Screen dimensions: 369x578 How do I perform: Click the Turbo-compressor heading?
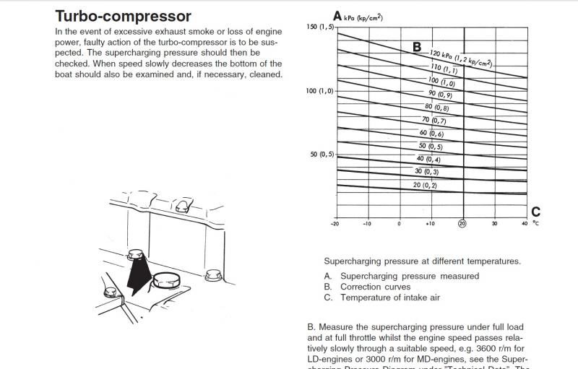124,16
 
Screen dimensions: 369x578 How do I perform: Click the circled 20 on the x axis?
462,223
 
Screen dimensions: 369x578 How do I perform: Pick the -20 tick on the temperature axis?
335,223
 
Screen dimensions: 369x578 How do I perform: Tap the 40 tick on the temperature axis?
524,223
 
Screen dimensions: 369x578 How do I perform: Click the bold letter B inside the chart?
417,47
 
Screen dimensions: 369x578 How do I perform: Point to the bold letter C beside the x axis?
535,212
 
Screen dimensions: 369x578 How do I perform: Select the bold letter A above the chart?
337,15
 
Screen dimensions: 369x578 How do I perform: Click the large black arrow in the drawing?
137,273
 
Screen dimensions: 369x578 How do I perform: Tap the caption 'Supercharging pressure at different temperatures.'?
423,261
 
